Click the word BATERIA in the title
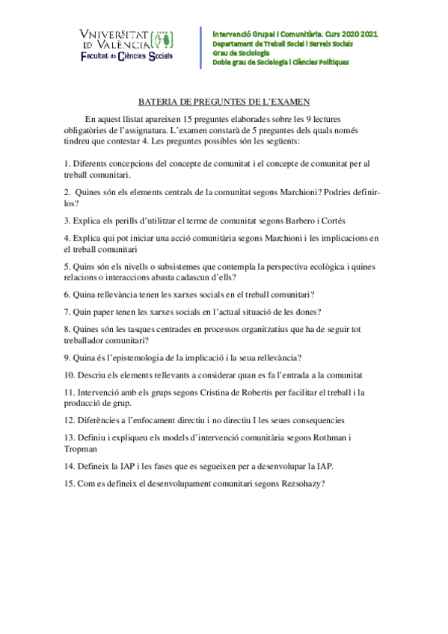click(159, 102)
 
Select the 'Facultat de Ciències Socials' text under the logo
click(129, 56)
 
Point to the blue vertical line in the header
click(200, 47)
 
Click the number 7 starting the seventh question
click(67, 312)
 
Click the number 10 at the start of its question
click(68, 375)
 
